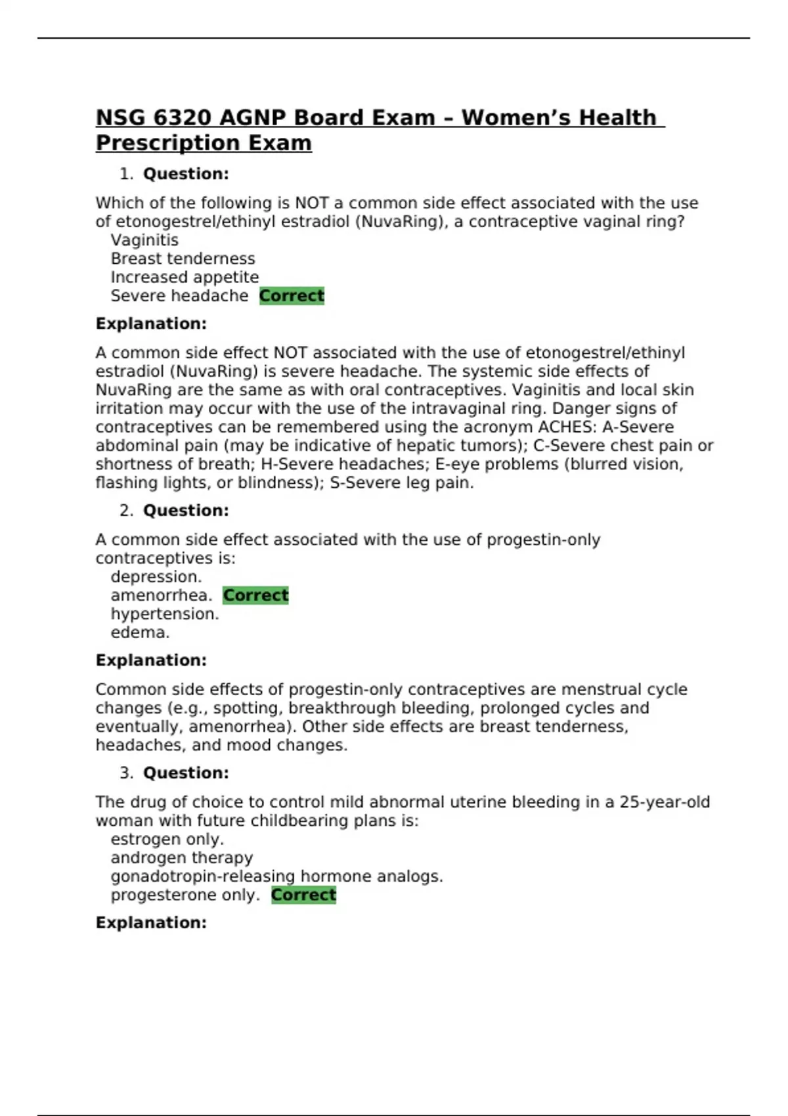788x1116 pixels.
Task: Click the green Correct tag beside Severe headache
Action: (x=292, y=296)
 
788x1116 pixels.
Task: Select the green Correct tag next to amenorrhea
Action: (x=255, y=595)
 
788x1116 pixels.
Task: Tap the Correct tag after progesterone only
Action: (x=303, y=895)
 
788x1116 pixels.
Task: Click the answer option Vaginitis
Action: (x=144, y=240)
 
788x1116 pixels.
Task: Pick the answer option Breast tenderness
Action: (x=183, y=259)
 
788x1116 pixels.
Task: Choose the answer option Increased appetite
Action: (x=185, y=277)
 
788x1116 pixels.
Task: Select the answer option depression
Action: (x=156, y=577)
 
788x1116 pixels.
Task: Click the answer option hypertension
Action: (x=165, y=614)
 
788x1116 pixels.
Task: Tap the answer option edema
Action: (x=140, y=632)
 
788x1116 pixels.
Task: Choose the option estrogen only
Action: (x=167, y=839)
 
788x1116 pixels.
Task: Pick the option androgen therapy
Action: (x=181, y=858)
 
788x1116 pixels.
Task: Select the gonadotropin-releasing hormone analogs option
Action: (x=276, y=876)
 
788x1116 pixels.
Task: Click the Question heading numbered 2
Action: (x=186, y=511)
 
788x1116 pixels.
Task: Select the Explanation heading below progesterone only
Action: (x=151, y=922)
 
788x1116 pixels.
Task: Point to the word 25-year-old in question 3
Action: (x=665, y=802)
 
